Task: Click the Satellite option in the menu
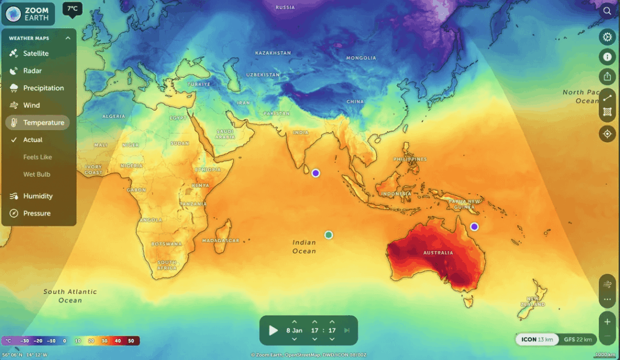36,53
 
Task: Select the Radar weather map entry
32,71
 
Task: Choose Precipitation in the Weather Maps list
43,88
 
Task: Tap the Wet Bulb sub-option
36,174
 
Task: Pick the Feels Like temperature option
38,157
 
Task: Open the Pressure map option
37,213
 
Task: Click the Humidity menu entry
38,196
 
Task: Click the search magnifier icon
607,11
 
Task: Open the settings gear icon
607,37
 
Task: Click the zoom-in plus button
607,321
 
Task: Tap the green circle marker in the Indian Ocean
328,235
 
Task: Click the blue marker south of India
315,173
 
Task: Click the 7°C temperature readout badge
73,8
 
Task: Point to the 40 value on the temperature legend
117,341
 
